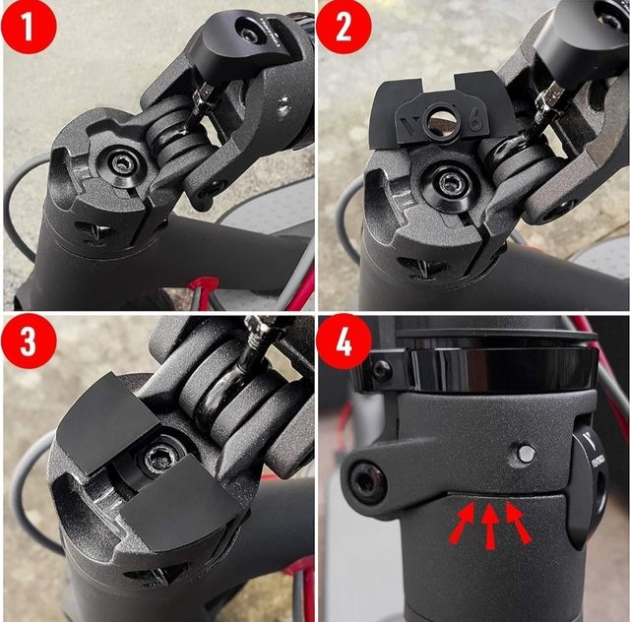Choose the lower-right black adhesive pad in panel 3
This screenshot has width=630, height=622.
pyautogui.click(x=181, y=506)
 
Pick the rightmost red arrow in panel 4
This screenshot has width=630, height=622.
pyautogui.click(x=517, y=522)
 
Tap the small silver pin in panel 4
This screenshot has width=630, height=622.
pyautogui.click(x=527, y=453)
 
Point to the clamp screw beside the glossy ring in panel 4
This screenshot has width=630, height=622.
pyautogui.click(x=382, y=371)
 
